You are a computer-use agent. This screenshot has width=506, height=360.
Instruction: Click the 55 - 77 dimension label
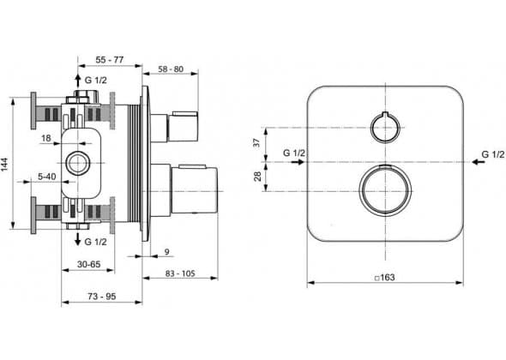pyautogui.click(x=110, y=59)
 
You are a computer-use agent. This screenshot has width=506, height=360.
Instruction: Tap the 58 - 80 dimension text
pyautogui.click(x=171, y=69)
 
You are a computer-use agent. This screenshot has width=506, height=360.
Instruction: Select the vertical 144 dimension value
pyautogui.click(x=5, y=164)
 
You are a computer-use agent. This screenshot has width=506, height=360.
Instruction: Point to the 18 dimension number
pyautogui.click(x=46, y=138)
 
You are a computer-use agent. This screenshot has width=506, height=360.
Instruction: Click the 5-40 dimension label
pyautogui.click(x=47, y=177)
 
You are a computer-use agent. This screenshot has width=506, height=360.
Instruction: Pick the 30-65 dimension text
pyautogui.click(x=88, y=264)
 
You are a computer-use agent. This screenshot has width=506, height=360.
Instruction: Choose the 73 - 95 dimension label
pyautogui.click(x=102, y=296)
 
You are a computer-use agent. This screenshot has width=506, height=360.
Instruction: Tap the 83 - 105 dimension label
pyautogui.click(x=180, y=273)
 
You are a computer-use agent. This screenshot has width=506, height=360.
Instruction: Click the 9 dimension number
pyautogui.click(x=167, y=251)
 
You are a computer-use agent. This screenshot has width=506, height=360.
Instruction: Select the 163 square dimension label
pyautogui.click(x=385, y=277)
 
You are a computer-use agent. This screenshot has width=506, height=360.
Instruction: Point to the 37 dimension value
pyautogui.click(x=256, y=142)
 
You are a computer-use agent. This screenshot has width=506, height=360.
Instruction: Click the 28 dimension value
pyautogui.click(x=257, y=176)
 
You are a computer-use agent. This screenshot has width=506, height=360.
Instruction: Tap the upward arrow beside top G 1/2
pyautogui.click(x=77, y=81)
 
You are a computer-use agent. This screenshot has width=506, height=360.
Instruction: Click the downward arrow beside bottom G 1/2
pyautogui.click(x=77, y=238)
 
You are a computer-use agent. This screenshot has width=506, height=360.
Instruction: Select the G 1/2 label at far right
pyautogui.click(x=493, y=154)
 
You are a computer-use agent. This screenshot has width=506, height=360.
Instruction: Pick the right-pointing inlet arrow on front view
pyautogui.click(x=298, y=162)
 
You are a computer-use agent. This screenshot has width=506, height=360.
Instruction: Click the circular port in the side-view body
pyautogui.click(x=69, y=163)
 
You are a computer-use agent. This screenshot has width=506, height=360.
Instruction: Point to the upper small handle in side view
pyautogui.click(x=183, y=127)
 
